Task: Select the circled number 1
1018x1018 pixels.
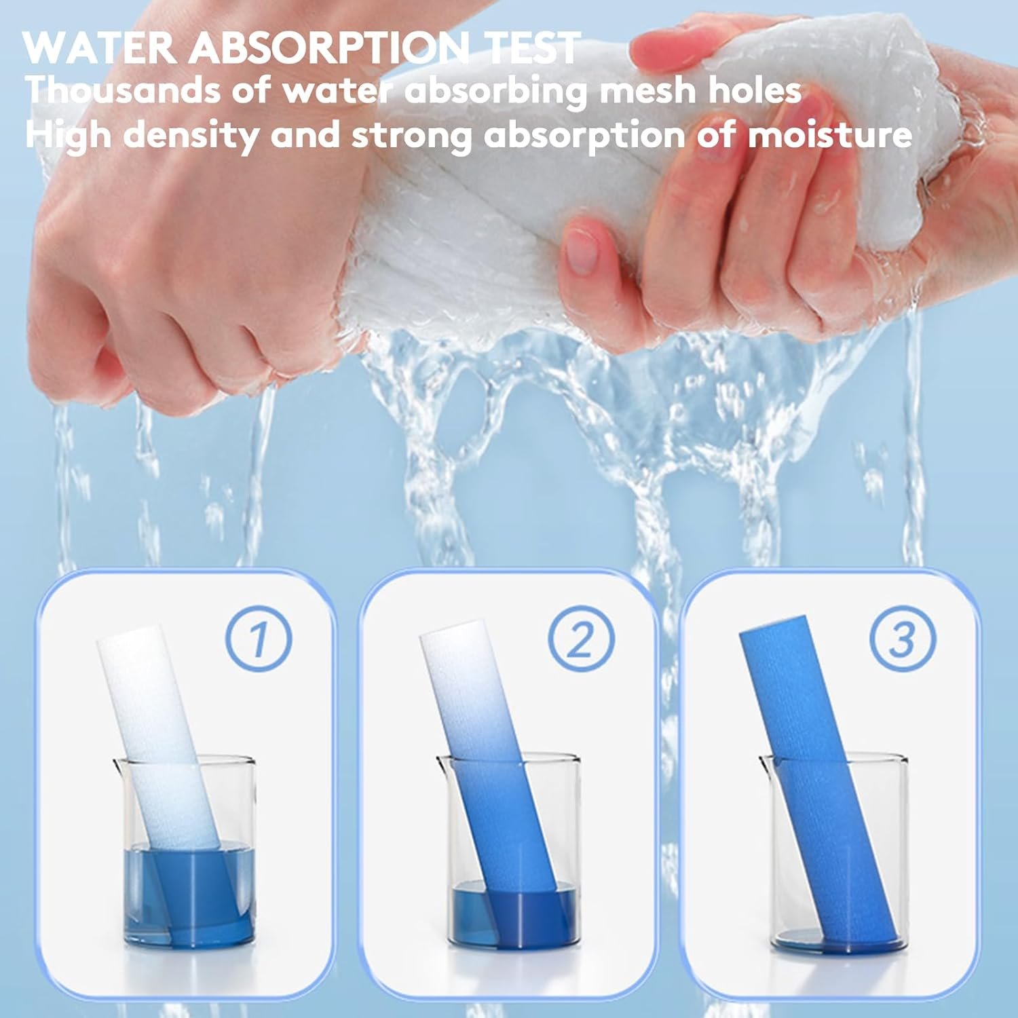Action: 258,639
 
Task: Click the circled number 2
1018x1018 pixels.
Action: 580,639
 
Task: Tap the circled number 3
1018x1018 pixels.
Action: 902,639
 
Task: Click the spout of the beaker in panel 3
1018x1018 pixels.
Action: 766,763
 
